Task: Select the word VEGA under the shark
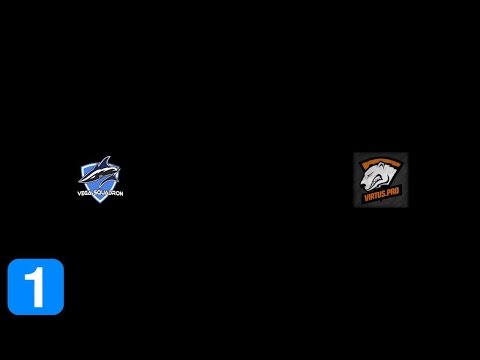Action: tap(86, 189)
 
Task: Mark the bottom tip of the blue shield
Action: tap(101, 202)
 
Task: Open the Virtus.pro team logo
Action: tap(380, 180)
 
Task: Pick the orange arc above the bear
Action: tap(380, 160)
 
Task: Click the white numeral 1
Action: tap(36, 287)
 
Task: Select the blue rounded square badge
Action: tap(36, 287)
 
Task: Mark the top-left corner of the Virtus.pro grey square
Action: tap(354, 154)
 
